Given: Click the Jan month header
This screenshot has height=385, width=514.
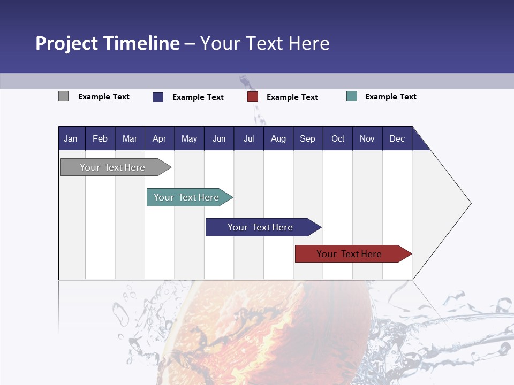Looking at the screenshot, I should click(x=71, y=138).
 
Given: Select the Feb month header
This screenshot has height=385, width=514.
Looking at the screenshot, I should click(x=100, y=138).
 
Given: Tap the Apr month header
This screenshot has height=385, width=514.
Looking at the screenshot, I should click(x=159, y=138).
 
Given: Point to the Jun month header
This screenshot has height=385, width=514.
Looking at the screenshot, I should click(x=219, y=138).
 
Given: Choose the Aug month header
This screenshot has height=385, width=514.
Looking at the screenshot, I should click(x=278, y=138).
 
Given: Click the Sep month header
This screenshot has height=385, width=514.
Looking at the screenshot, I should click(x=307, y=138).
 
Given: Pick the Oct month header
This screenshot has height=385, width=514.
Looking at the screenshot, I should click(x=338, y=138).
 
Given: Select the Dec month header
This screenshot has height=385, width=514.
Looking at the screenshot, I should click(x=397, y=138).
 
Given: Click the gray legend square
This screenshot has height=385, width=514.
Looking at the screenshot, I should click(x=64, y=96).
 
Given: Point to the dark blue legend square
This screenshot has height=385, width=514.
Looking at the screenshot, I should click(x=158, y=97).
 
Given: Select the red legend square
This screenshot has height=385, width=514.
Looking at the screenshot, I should click(x=253, y=97).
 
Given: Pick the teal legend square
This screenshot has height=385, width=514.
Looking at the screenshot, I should click(x=352, y=96).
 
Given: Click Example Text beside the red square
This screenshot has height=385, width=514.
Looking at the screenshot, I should click(x=292, y=97).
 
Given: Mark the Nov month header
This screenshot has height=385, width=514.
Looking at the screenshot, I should click(x=367, y=138).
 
